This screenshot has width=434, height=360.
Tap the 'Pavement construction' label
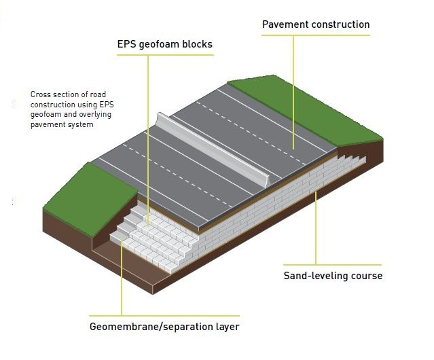pyautogui.click(x=316, y=24)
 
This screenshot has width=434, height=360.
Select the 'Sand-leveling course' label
pyautogui.click(x=333, y=276)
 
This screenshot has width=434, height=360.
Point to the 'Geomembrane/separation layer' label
pyautogui.click(x=164, y=327)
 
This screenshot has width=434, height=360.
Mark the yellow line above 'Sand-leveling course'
pyautogui.click(x=333, y=265)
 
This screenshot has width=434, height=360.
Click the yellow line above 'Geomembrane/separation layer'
pyautogui.click(x=164, y=316)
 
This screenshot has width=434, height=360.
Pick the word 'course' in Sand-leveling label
pyautogui.click(x=367, y=276)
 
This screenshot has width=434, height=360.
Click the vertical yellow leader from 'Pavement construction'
pyautogui.click(x=294, y=88)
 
